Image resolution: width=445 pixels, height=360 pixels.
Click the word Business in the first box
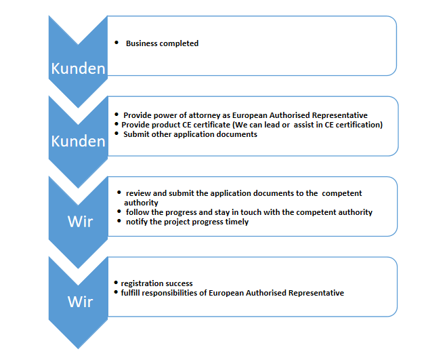tap(142, 43)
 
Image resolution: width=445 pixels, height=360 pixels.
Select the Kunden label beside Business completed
tap(78, 68)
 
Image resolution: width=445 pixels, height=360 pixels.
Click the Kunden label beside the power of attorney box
tap(78, 141)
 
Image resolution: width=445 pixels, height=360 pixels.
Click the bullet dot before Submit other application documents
tap(116, 134)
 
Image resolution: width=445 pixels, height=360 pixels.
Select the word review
tap(138, 193)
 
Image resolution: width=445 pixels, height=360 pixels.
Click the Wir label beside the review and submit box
tap(81, 221)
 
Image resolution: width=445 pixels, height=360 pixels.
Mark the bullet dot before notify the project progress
tap(119, 221)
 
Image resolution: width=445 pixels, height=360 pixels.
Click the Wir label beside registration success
tap(81, 302)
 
